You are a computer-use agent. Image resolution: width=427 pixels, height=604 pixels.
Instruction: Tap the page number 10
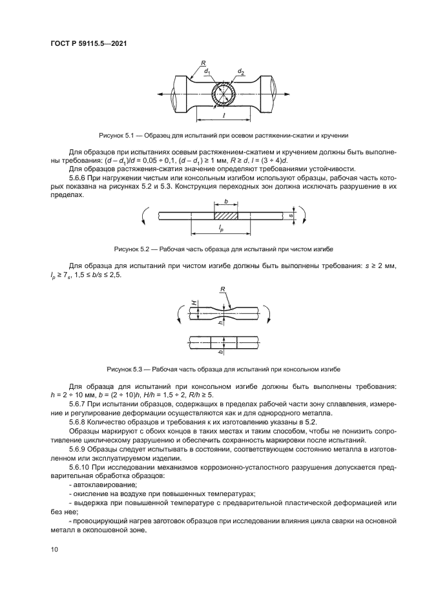(54, 550)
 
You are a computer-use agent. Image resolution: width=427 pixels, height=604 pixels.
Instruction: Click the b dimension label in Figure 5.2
(225, 202)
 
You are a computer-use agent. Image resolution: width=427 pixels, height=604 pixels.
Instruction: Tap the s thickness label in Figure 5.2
(291, 209)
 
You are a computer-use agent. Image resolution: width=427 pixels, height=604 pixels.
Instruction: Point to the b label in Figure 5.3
(220, 353)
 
